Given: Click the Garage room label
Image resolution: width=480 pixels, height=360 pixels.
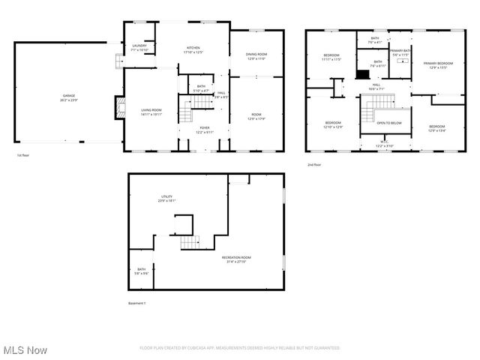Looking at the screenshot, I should pyautogui.click(x=69, y=97).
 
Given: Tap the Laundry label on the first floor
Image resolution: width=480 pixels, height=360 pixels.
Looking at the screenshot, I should pyautogui.click(x=139, y=47).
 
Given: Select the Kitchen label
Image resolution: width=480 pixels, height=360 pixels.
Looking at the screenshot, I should pyautogui.click(x=193, y=50).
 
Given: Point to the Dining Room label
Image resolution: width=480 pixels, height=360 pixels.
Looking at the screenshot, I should pyautogui.click(x=256, y=56).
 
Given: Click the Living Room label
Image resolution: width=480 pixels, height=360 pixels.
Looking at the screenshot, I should pyautogui.click(x=151, y=112).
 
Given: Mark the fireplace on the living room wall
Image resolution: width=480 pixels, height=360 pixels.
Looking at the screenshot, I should pyautogui.click(x=117, y=108).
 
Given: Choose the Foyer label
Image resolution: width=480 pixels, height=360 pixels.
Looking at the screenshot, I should pyautogui.click(x=204, y=130).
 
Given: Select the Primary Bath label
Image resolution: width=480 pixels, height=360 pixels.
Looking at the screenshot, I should pyautogui.click(x=399, y=52).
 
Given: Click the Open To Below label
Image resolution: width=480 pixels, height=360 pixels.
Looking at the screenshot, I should pyautogui.click(x=388, y=123).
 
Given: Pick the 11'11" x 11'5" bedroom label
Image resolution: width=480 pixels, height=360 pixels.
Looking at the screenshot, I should pyautogui.click(x=331, y=57).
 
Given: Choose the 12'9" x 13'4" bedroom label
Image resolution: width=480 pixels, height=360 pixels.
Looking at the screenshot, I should pyautogui.click(x=436, y=128).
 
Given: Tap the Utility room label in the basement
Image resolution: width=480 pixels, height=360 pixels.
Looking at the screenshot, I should pyautogui.click(x=166, y=199).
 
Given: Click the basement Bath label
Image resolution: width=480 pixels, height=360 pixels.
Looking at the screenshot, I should pyautogui.click(x=141, y=271).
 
